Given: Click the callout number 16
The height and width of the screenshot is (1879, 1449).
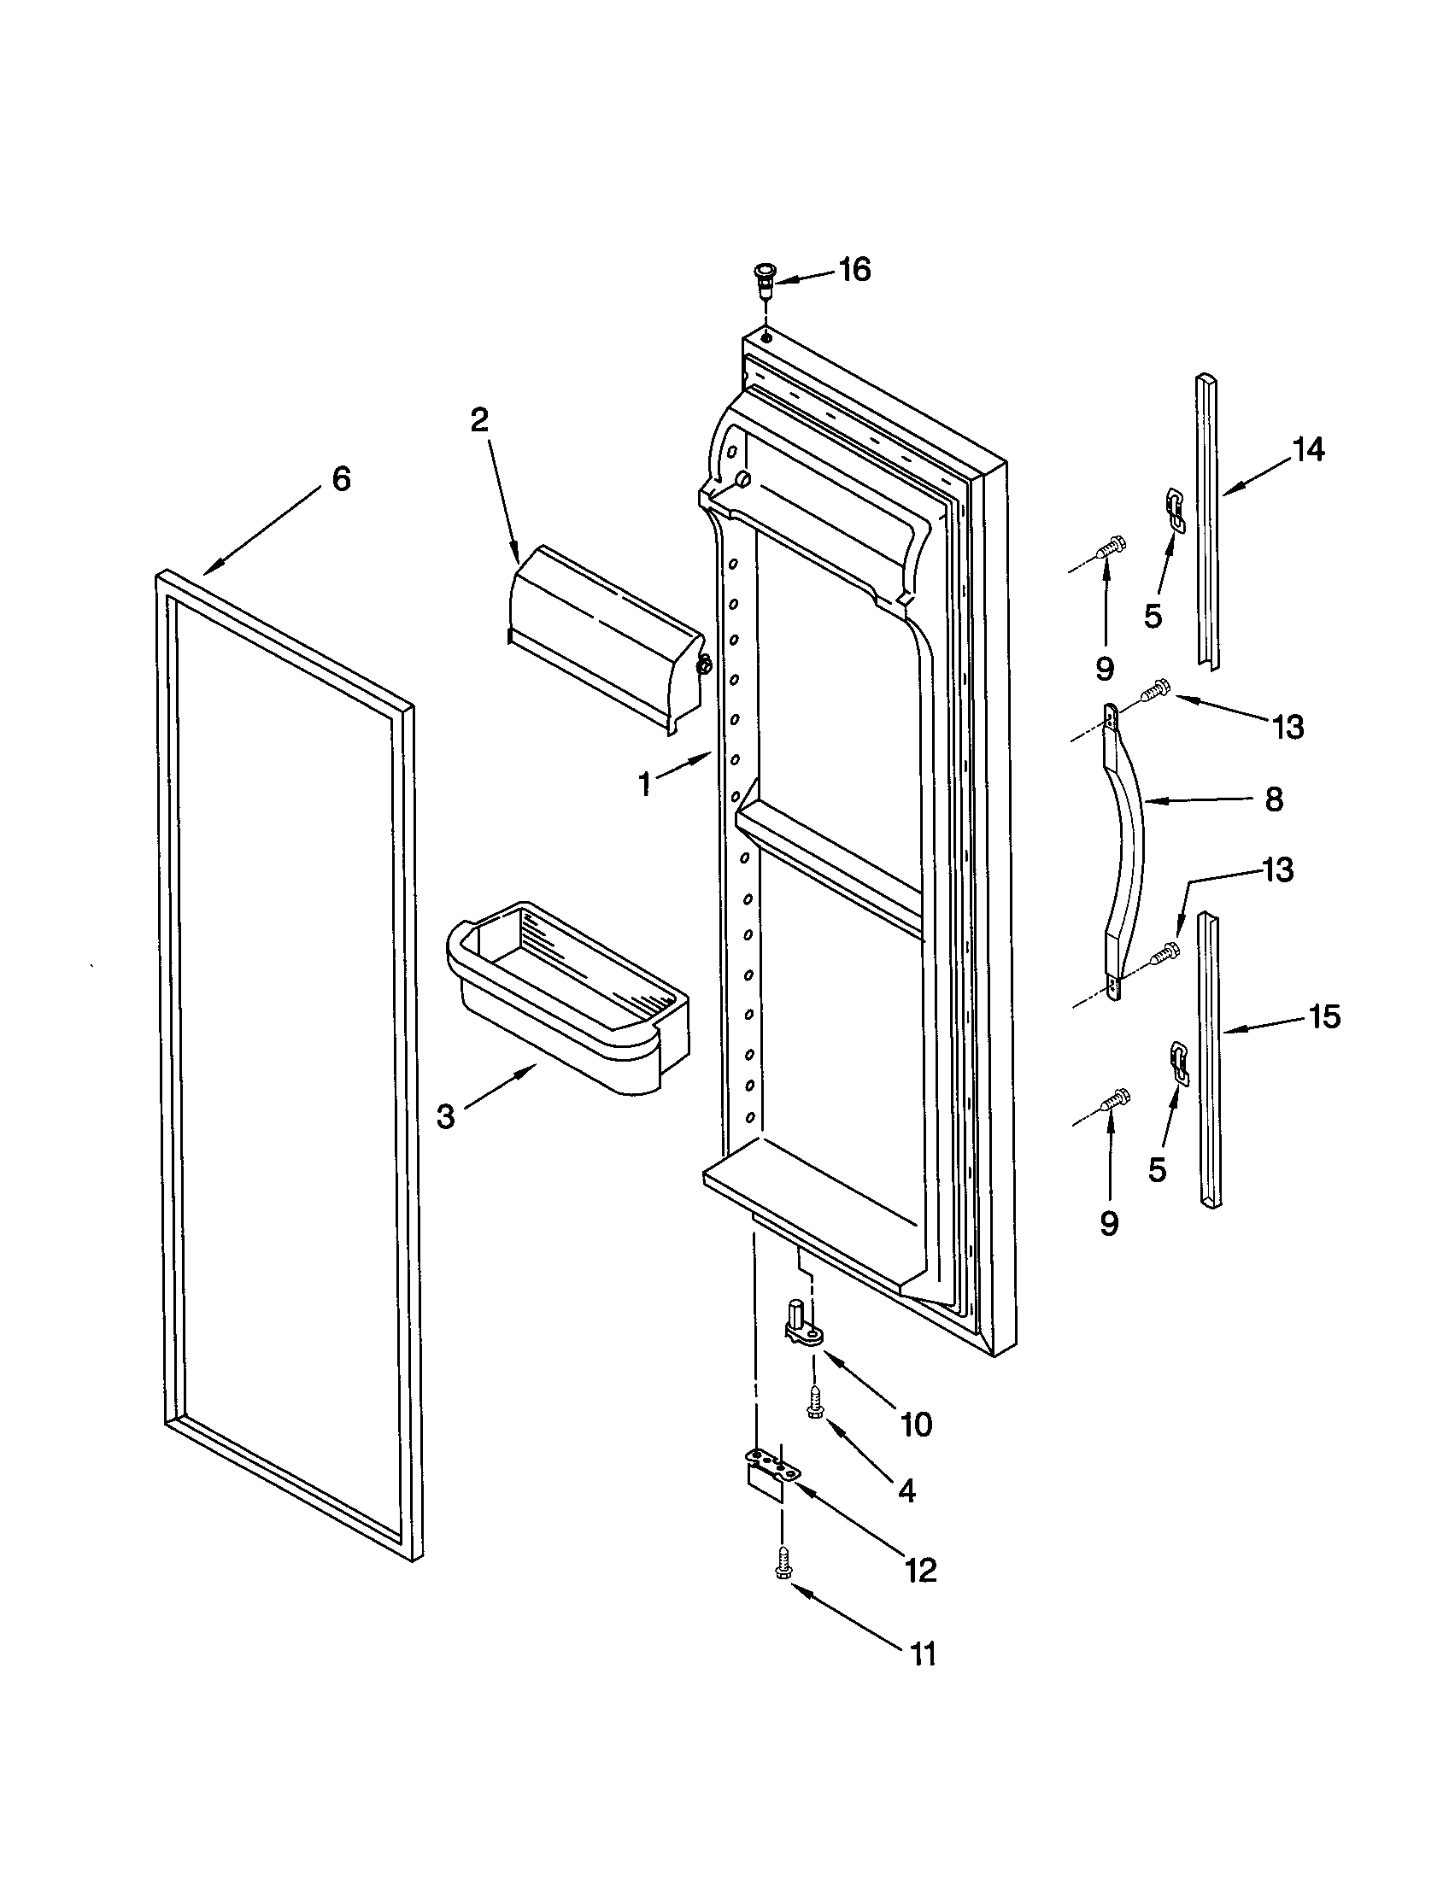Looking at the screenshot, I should point(854,270).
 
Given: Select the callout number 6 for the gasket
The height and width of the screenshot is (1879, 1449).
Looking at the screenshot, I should point(342,479).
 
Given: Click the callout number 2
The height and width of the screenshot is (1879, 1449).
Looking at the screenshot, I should point(478,420).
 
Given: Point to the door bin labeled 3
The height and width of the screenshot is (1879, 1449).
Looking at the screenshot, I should point(568,998).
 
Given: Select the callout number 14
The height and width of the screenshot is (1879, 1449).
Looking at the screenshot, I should point(1309,449).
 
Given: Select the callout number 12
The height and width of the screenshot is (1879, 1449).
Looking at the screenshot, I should point(921,1570).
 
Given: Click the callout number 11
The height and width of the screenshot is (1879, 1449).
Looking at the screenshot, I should point(923,1654).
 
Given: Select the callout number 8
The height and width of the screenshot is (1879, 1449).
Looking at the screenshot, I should point(1275,799).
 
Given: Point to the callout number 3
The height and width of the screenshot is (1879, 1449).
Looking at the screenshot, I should point(445,1117).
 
